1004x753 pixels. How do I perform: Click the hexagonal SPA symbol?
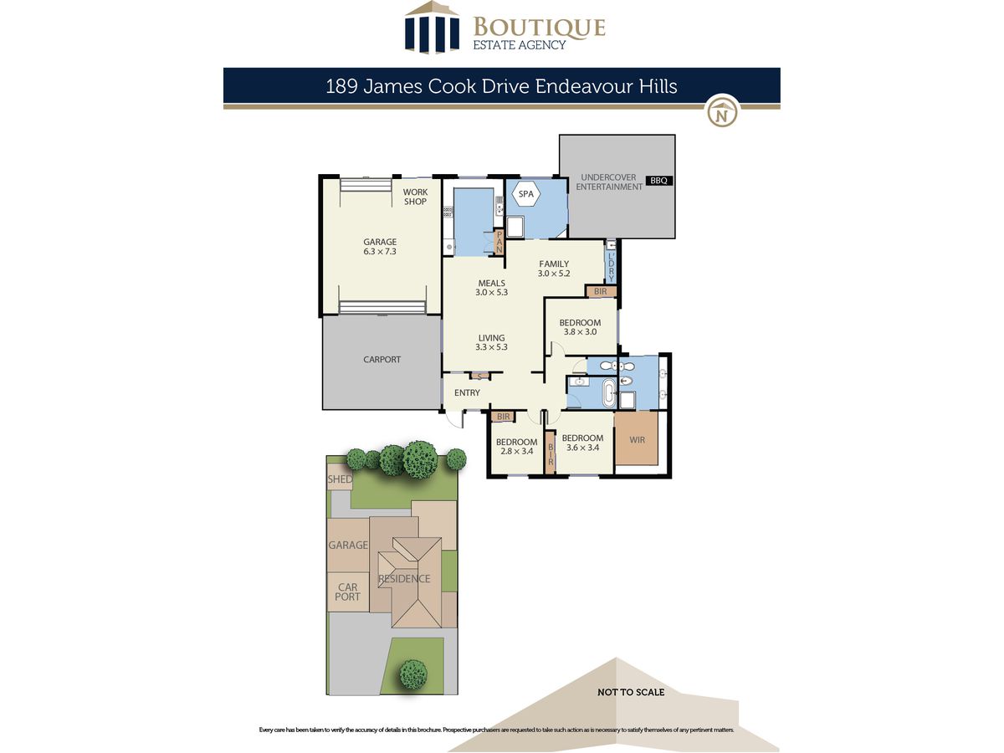pyautogui.click(x=526, y=194)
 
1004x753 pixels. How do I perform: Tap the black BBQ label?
pyautogui.click(x=658, y=181)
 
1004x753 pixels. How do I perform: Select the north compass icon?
pyautogui.click(x=722, y=112)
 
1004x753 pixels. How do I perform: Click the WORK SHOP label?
pyautogui.click(x=415, y=197)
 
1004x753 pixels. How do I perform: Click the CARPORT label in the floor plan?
pyautogui.click(x=382, y=360)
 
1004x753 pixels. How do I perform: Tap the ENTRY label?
pyautogui.click(x=467, y=392)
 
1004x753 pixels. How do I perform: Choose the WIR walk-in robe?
pyautogui.click(x=637, y=438)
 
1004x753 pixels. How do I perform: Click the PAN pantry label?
pyautogui.click(x=499, y=242)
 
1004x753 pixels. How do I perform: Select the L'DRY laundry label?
pyautogui.click(x=612, y=267)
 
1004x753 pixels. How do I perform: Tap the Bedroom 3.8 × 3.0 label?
pyautogui.click(x=580, y=327)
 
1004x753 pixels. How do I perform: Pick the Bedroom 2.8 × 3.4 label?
pyautogui.click(x=516, y=447)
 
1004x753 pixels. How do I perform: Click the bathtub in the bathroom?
pyautogui.click(x=608, y=392)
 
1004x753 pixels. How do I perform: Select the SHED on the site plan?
pyautogui.click(x=340, y=479)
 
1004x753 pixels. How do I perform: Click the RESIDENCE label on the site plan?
pyautogui.click(x=404, y=579)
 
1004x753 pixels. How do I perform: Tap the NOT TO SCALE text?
pyautogui.click(x=631, y=692)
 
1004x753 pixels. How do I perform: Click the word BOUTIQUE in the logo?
pyautogui.click(x=540, y=27)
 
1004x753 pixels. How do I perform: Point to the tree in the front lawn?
pyautogui.click(x=413, y=674)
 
